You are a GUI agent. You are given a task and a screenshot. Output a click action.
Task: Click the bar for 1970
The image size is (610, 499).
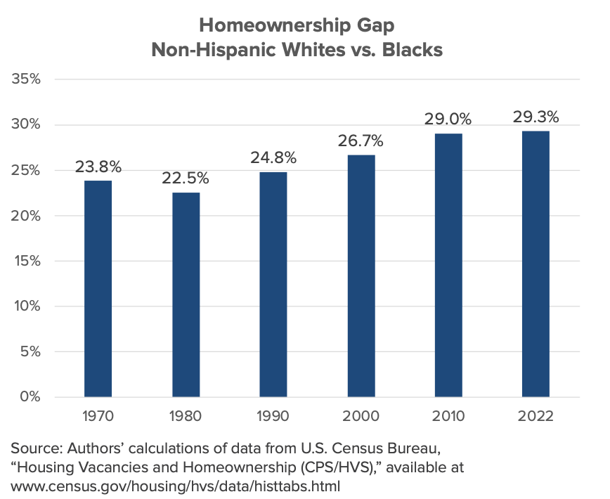pyautogui.click(x=98, y=288)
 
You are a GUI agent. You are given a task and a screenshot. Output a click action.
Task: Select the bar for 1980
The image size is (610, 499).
pyautogui.click(x=186, y=294)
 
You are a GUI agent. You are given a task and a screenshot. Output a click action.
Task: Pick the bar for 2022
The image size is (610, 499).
pyautogui.click(x=536, y=264)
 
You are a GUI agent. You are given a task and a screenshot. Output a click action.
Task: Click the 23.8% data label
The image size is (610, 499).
pyautogui.click(x=98, y=167)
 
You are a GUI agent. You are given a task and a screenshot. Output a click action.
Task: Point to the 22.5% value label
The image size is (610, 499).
pyautogui.click(x=186, y=179)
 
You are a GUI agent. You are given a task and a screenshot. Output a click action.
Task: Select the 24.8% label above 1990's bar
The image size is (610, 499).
pyautogui.click(x=273, y=158)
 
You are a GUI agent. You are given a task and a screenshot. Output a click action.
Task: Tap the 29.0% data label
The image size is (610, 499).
pyautogui.click(x=448, y=120)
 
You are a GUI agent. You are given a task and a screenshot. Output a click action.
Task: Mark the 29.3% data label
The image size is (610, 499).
pyautogui.click(x=536, y=117)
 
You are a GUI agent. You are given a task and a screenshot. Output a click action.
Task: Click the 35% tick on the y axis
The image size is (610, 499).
pyautogui.click(x=30, y=79)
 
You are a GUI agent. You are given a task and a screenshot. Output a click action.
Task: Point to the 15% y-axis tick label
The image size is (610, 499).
pyautogui.click(x=31, y=261)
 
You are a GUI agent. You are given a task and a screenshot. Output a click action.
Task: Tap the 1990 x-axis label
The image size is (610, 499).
pyautogui.click(x=273, y=416)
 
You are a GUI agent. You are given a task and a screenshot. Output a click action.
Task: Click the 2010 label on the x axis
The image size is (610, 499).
pyautogui.click(x=448, y=416)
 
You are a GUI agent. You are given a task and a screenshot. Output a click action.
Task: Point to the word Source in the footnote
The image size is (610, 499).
pyautogui.click(x=32, y=448)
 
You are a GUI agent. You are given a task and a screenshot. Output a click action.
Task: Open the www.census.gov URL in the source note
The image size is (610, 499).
pyautogui.click(x=175, y=486)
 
